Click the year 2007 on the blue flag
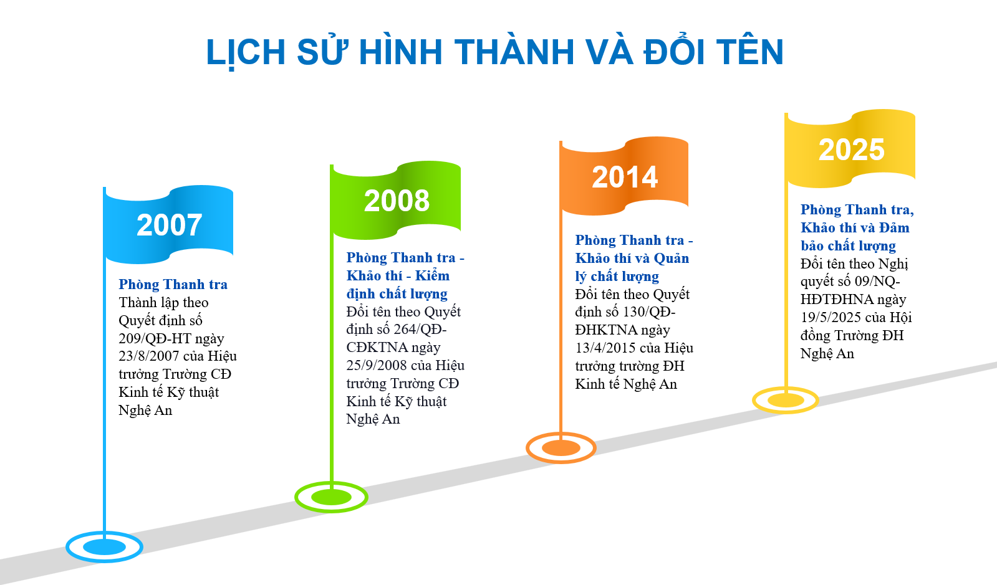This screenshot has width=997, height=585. pos(169,225)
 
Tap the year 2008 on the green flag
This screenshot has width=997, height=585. pos(397,201)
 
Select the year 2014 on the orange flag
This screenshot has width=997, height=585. pos(625,177)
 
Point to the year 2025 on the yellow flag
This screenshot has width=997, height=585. pos(851,150)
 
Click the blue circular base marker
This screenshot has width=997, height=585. pos(104,557)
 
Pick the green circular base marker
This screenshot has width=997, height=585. pos(331,508)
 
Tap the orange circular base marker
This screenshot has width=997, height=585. pos(561,458)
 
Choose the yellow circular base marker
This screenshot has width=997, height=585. pos(786,410)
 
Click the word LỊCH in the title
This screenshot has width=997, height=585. pos(246,53)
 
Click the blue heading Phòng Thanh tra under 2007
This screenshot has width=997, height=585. pos(173,284)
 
